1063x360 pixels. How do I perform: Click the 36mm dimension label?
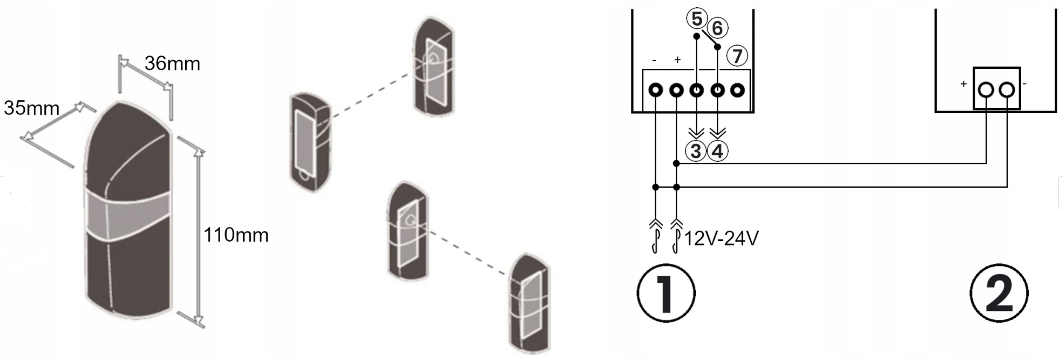[172, 64]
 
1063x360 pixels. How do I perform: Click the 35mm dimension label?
[32, 108]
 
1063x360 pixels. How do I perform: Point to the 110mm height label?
[236, 235]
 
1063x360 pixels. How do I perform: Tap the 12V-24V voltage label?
[721, 239]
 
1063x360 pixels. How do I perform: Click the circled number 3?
[696, 151]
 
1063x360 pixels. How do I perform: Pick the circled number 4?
[718, 151]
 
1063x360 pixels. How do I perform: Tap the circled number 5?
[696, 19]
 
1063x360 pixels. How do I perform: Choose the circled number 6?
[717, 28]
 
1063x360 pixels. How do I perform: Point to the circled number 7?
[737, 56]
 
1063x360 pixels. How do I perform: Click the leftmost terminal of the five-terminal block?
[656, 91]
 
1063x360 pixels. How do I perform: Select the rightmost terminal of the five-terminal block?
[737, 91]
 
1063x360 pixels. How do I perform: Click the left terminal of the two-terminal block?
[986, 90]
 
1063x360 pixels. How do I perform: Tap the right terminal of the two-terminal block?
[1007, 90]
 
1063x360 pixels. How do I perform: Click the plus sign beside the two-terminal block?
[963, 84]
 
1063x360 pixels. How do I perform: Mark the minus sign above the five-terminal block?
[654, 61]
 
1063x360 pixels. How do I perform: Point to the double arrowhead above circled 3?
[696, 133]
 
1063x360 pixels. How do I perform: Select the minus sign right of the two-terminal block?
[1025, 84]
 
